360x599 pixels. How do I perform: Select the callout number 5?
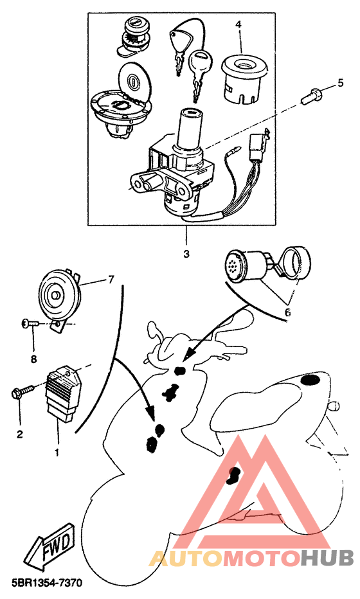pos(340,83)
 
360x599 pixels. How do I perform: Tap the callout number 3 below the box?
pos(186,254)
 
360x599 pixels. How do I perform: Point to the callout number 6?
pos(287,312)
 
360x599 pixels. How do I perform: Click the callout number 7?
pos(111,280)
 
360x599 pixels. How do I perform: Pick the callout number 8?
pos(33,359)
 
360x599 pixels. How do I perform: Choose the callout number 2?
pos(19,434)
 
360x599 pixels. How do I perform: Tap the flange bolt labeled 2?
pos(22,391)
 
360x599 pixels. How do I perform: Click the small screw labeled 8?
pos(29,324)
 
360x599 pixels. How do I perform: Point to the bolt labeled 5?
pos(310,94)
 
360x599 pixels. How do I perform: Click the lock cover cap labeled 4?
pos(244,79)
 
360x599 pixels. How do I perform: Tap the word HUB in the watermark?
pos(327,559)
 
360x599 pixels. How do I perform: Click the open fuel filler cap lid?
pos(134,80)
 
